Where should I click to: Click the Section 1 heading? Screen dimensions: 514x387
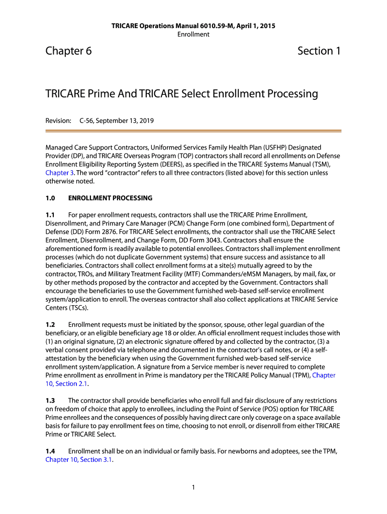tap(319, 51)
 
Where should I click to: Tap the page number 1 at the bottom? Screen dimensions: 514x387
tap(193, 487)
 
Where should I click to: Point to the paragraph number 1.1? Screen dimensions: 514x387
tap(50, 214)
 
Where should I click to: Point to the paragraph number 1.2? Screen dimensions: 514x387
tap(50, 324)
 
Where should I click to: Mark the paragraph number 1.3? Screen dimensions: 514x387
tap(50, 400)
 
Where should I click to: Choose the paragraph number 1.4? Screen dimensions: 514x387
tap(50, 451)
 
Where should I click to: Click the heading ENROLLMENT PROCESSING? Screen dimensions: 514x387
tap(110, 198)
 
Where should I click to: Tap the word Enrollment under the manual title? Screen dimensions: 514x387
tap(193, 34)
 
